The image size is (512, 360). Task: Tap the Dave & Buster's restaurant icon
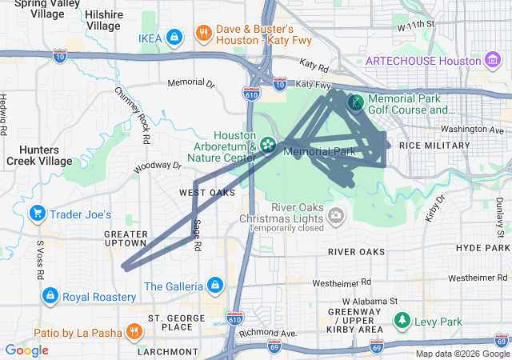tap(204, 34)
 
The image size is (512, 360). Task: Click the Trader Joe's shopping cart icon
tap(37, 214)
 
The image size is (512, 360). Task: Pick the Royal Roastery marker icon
tap(50, 296)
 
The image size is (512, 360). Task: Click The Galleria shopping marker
tap(214, 286)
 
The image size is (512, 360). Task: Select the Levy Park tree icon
tap(402, 322)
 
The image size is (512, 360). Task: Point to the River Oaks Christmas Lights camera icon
tap(336, 214)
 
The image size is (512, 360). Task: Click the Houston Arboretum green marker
tap(267, 146)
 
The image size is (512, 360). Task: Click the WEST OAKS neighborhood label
tap(206, 193)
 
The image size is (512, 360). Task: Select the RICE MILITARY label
tap(434, 146)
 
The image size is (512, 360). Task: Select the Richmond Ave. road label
tap(268, 332)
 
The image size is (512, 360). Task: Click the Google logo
tap(26, 350)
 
